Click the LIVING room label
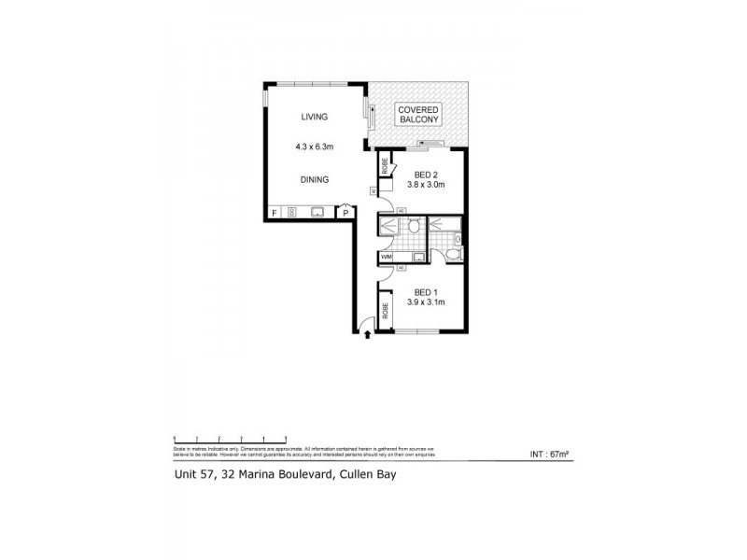(314, 117)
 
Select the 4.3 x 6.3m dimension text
(314, 147)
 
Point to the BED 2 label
(427, 174)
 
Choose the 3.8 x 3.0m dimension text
(427, 185)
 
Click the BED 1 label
(426, 290)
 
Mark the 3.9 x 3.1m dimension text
(426, 301)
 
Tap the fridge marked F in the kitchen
(274, 213)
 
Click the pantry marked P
(345, 213)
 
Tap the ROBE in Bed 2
(384, 168)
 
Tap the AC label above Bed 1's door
(401, 268)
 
